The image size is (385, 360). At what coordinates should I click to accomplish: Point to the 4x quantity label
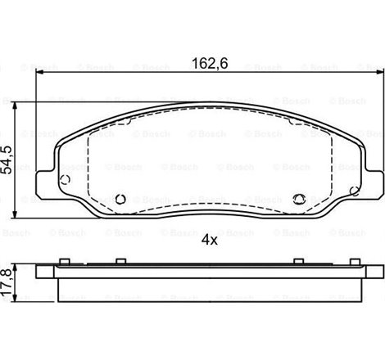pyautogui.click(x=209, y=240)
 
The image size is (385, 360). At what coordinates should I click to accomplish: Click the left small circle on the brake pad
pyautogui.click(x=121, y=197)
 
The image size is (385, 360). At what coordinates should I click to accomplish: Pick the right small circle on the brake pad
pyautogui.click(x=298, y=197)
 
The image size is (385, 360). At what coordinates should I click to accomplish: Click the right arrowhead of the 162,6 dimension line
pyautogui.click(x=378, y=74)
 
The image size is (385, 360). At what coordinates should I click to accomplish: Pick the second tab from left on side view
pyautogui.click(x=121, y=262)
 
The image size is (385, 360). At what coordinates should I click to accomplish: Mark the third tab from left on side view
pyautogui.click(x=298, y=262)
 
